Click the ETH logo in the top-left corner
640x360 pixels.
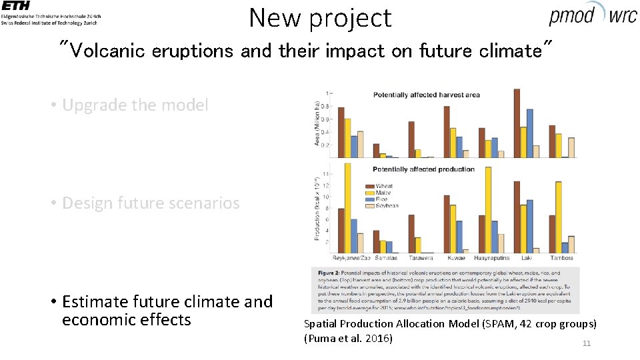(x=16, y=6)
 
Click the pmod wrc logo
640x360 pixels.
(x=593, y=15)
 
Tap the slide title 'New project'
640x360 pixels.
(x=320, y=18)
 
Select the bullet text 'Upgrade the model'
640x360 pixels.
(x=135, y=105)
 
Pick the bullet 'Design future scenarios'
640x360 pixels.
(x=150, y=203)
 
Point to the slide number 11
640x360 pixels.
(x=587, y=343)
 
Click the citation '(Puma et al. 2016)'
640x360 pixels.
(x=348, y=338)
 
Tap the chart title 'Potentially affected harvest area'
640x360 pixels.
(x=426, y=95)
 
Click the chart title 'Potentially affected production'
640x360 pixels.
(x=424, y=169)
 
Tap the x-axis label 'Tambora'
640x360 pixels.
(x=561, y=258)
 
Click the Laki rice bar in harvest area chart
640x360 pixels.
(x=529, y=133)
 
